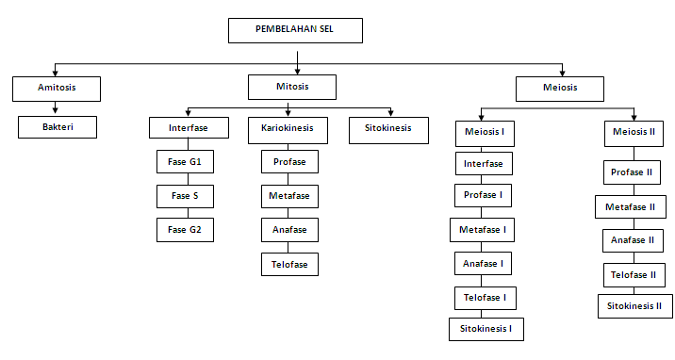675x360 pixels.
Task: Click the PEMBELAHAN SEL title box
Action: [x=295, y=30]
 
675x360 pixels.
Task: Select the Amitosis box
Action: [x=57, y=89]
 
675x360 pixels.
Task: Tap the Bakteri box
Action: [x=58, y=126]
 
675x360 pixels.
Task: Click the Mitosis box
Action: [x=292, y=88]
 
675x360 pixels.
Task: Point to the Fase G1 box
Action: [x=185, y=162]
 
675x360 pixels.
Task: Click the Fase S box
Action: [x=185, y=196]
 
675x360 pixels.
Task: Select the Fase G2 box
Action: [x=185, y=229]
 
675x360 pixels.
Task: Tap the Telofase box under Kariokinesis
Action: [x=290, y=264]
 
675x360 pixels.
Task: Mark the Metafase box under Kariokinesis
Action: [x=290, y=196]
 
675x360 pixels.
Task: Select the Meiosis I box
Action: [x=484, y=132]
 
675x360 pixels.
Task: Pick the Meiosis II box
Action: [x=631, y=132]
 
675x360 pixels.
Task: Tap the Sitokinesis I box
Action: [x=486, y=329]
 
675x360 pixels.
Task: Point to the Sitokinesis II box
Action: [x=634, y=305]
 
